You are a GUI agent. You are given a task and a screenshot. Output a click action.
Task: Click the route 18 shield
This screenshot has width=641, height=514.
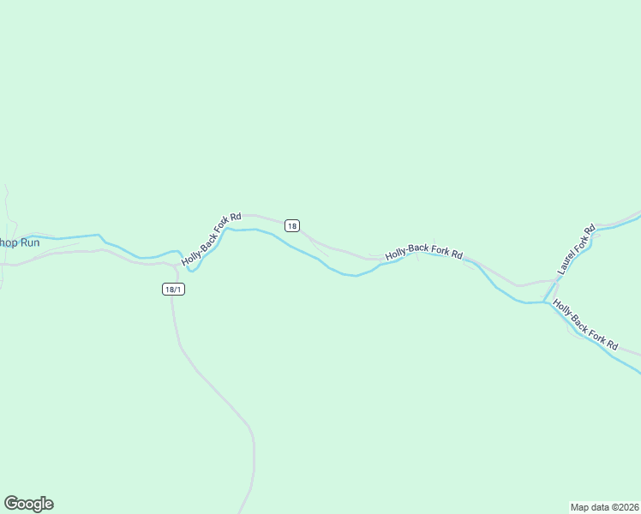pos(292,226)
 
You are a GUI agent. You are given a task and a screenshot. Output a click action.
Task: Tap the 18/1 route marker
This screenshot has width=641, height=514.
pos(173,290)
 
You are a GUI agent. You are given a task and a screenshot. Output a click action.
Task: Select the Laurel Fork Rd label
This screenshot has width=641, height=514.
pos(576,249)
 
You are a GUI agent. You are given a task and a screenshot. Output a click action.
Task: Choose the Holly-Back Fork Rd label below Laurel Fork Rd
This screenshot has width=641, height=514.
pos(585,325)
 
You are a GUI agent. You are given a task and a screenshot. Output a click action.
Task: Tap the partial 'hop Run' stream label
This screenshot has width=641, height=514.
pos(19,242)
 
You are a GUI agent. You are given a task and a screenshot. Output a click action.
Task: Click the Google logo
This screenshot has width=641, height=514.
pos(28,504)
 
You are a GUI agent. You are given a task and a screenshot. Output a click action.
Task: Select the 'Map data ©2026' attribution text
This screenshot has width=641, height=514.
pos(604,506)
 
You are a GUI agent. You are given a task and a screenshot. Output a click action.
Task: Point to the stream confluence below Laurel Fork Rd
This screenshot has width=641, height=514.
pos(545,302)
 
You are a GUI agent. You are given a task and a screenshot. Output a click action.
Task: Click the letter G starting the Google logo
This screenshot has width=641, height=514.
pos(11,504)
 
